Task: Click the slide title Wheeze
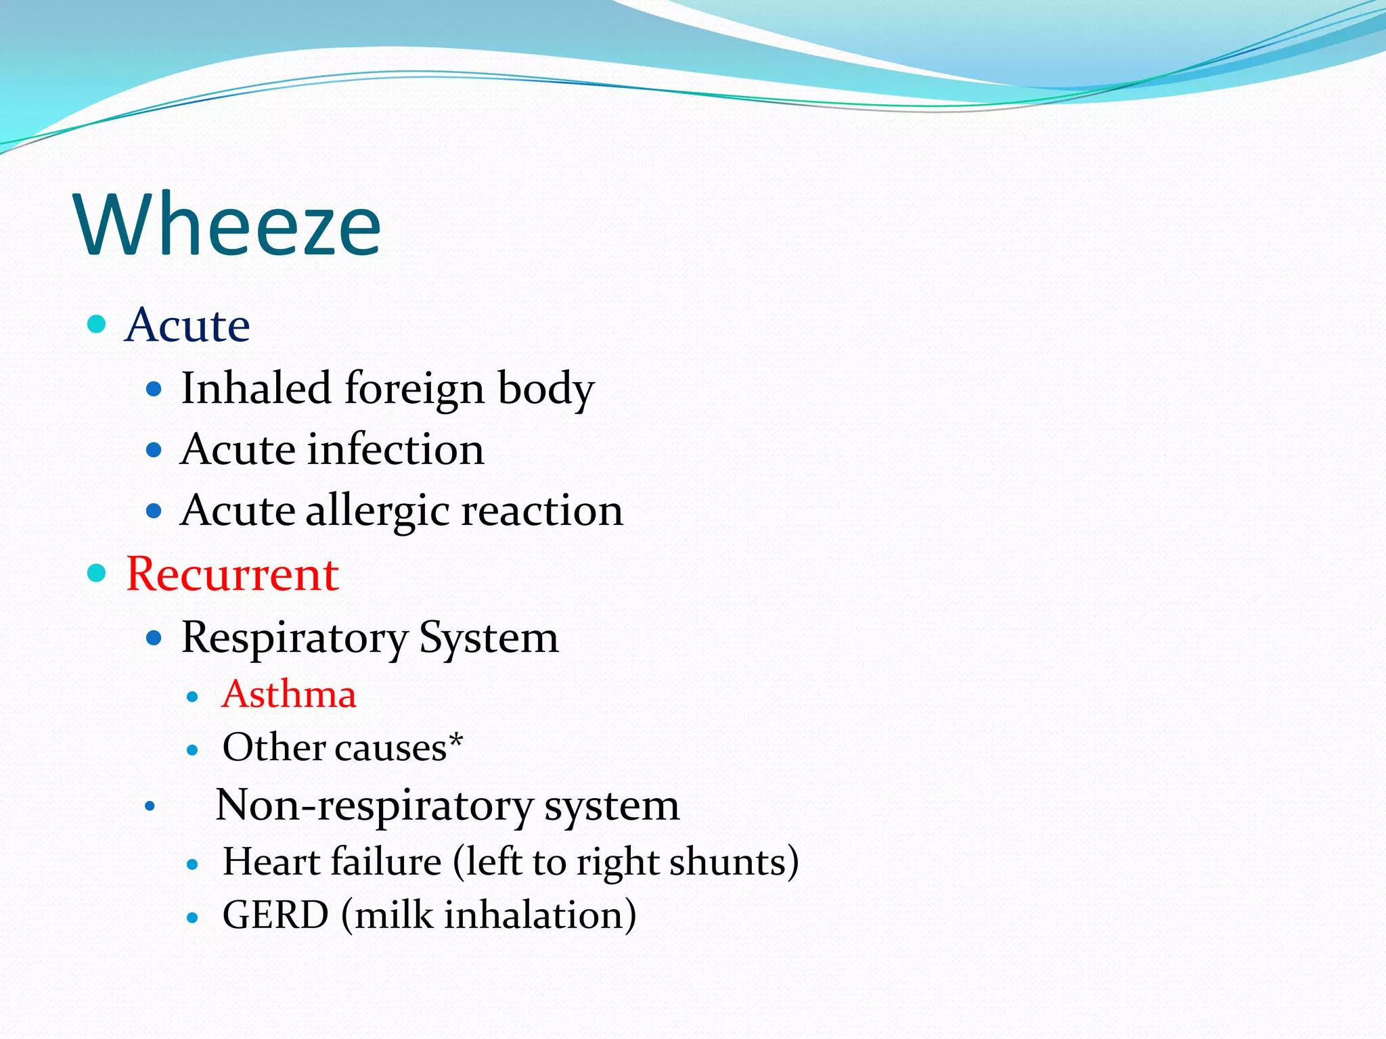click(229, 225)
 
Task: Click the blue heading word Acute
click(187, 325)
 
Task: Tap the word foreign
click(415, 390)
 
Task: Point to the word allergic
click(378, 511)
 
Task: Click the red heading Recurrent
click(232, 574)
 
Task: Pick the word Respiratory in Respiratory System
click(294, 638)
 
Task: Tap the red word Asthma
click(289, 695)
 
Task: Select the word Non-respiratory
click(374, 806)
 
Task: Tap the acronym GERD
click(275, 915)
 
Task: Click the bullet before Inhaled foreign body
click(154, 389)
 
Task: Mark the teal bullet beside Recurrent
click(97, 574)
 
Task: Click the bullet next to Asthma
click(193, 697)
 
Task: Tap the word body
click(545, 390)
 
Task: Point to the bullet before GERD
click(193, 918)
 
